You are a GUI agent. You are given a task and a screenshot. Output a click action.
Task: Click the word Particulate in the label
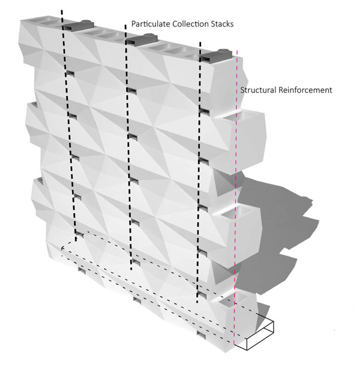point(151,24)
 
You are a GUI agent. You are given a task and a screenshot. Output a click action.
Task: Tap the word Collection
point(190,24)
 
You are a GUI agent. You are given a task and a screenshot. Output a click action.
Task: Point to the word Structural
point(258,90)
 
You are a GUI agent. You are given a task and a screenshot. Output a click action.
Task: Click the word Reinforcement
point(305,90)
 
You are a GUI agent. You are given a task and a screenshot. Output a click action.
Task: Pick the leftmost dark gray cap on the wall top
point(79,25)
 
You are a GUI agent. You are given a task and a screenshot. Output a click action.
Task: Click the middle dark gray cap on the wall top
point(142,39)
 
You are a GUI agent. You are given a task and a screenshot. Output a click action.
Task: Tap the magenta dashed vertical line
point(235,198)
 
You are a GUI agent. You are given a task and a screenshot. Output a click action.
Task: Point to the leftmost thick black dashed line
point(69,126)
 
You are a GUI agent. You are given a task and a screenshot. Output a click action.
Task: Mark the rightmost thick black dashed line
point(199,173)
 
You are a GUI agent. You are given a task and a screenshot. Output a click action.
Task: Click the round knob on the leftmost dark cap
point(88,22)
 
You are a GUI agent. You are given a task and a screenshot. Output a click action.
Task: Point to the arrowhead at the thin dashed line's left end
point(63,248)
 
